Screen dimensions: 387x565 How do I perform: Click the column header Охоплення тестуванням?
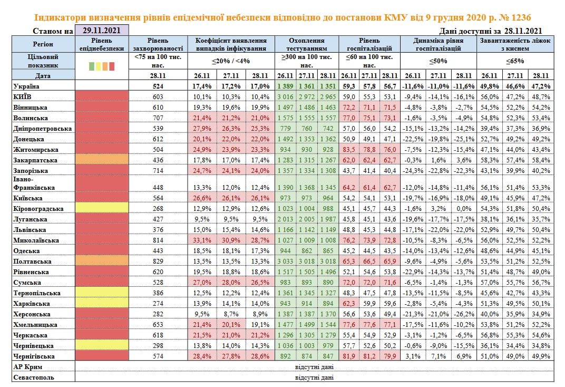tap(307, 44)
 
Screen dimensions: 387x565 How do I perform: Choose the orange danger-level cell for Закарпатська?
tap(102, 159)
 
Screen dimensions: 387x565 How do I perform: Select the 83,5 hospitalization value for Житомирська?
tap(348, 149)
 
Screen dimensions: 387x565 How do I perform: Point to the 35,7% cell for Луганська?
tap(541, 219)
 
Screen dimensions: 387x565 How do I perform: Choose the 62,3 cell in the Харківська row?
tap(348, 304)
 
